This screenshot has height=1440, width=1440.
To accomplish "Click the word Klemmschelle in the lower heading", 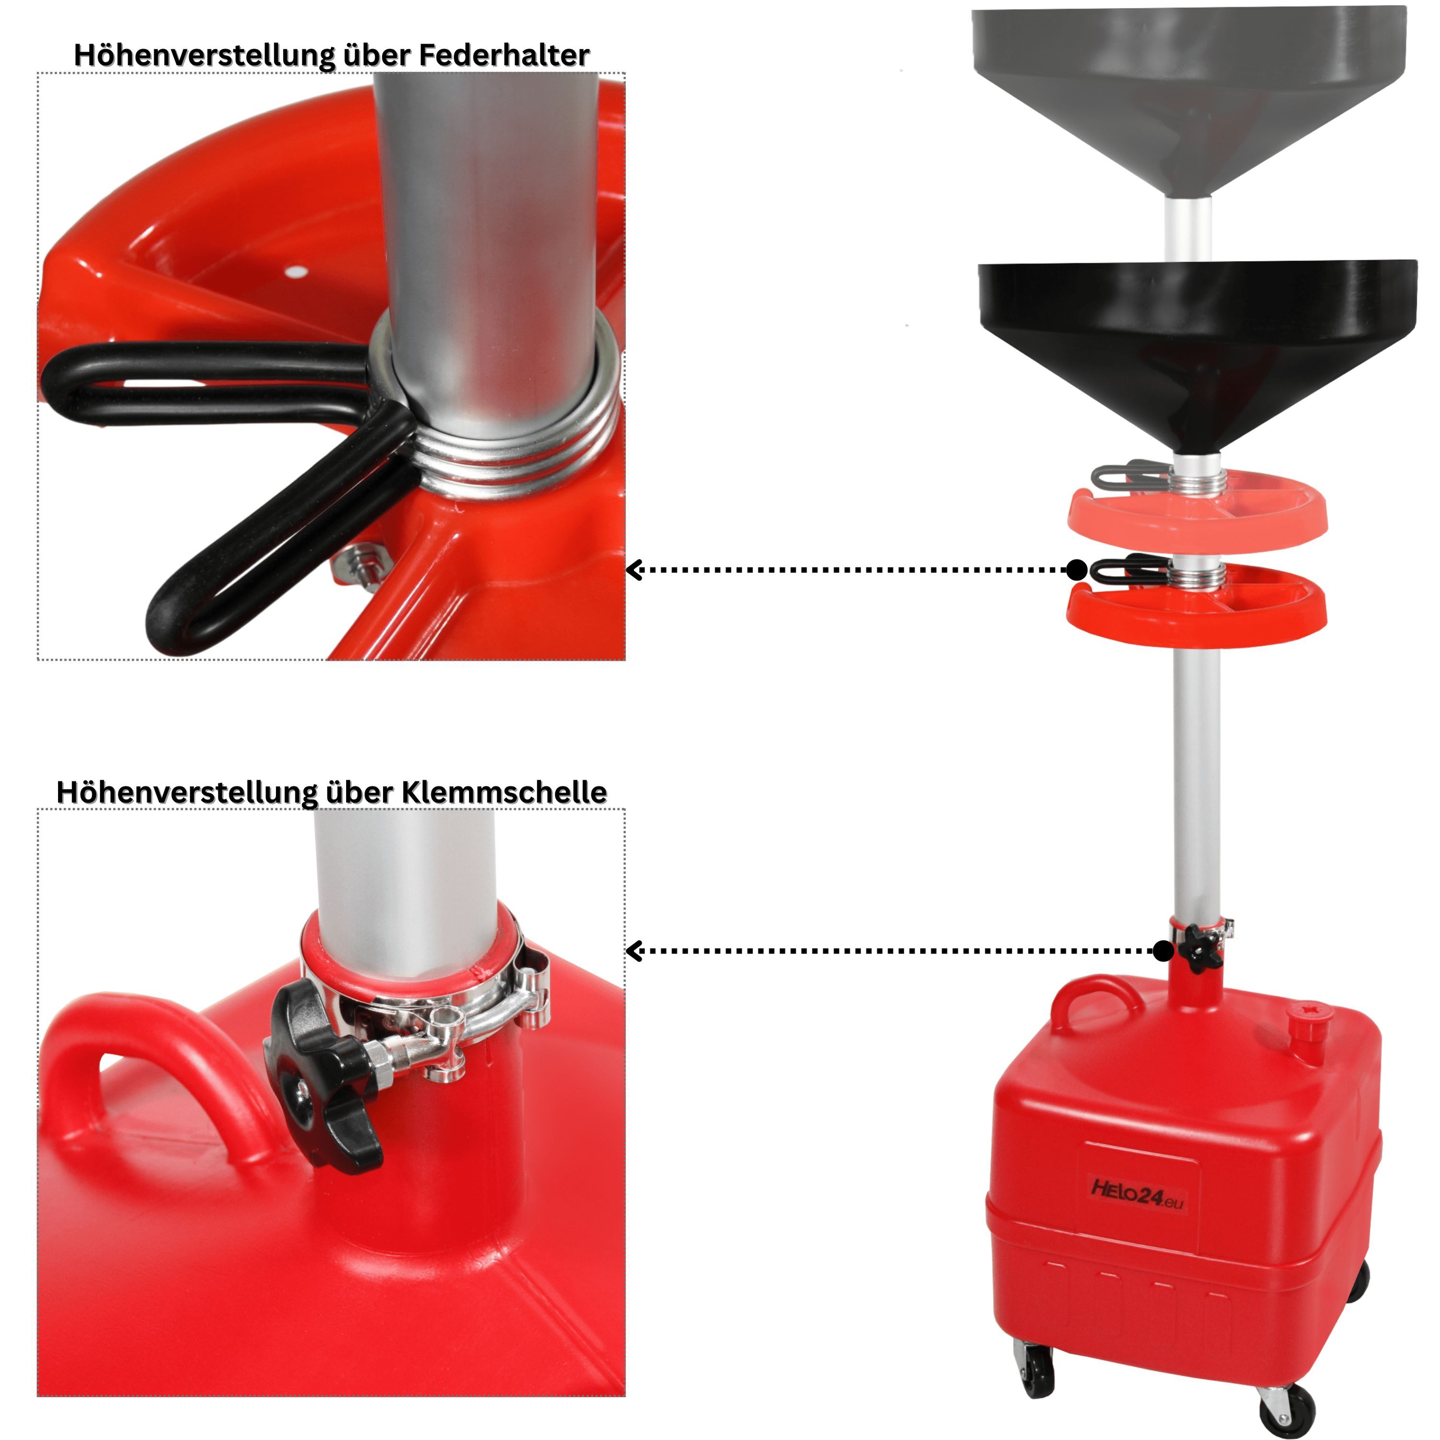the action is tap(504, 792).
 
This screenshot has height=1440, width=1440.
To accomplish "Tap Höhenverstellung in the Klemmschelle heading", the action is tap(187, 793).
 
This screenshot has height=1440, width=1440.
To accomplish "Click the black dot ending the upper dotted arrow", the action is tap(1076, 570).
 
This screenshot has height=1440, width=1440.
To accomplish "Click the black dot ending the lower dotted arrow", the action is tap(1163, 951).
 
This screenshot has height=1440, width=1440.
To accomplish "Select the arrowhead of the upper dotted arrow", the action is tap(634, 570).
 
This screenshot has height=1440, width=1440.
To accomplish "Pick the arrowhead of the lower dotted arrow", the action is tap(634, 951).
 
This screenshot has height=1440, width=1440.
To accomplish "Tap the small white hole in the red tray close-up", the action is tap(298, 271).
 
